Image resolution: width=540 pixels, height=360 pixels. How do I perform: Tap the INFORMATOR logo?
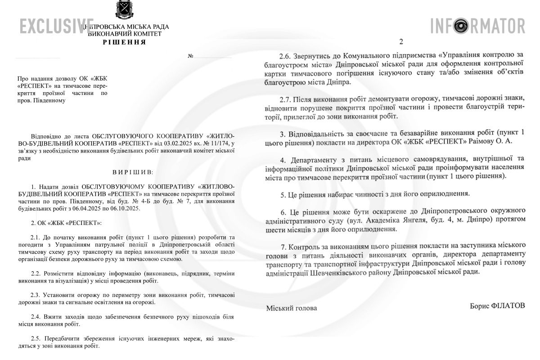click(x=477, y=26)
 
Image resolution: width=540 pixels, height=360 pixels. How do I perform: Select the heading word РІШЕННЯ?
click(x=124, y=42)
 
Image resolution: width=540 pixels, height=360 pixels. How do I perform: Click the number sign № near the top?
click(x=191, y=56)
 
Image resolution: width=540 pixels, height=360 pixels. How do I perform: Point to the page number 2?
click(x=401, y=42)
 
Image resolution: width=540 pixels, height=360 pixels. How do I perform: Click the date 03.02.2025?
click(x=166, y=143)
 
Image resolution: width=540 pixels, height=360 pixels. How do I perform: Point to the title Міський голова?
click(x=291, y=308)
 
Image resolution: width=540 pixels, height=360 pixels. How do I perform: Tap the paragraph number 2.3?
click(x=36, y=295)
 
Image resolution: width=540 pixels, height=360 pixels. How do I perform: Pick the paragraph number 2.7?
click(x=285, y=99)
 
